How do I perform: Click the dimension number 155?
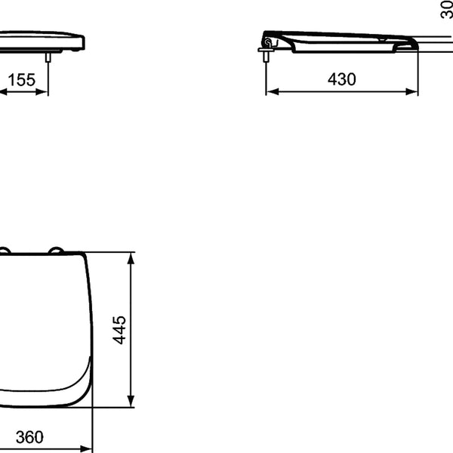tap(22, 80)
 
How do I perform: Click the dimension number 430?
tap(342, 79)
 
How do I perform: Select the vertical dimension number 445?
tap(119, 330)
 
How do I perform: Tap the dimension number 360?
tap(29, 437)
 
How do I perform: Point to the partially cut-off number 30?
tap(447, 10)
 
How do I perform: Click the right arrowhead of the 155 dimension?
tap(42, 92)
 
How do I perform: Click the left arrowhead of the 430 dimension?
tap(273, 92)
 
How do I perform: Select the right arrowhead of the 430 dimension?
tap(411, 92)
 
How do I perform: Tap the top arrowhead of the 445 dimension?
tap(131, 258)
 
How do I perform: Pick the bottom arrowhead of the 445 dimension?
tap(131, 402)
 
